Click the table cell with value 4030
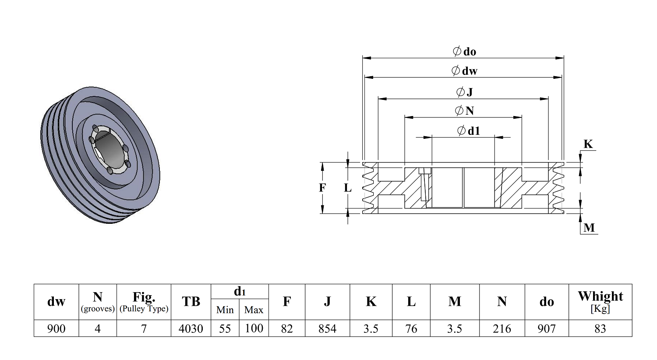(x=191, y=328)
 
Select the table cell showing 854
(x=327, y=328)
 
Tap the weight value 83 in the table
(x=600, y=328)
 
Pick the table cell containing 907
(x=547, y=328)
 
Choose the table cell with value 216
(x=502, y=328)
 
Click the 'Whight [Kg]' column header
(x=600, y=302)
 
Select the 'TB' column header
(x=191, y=302)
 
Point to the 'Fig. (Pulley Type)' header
(x=144, y=302)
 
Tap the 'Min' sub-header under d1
(x=225, y=310)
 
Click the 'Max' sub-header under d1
(x=254, y=310)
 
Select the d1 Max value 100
(x=254, y=328)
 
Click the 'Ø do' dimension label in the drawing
(x=464, y=52)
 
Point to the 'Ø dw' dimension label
(x=464, y=71)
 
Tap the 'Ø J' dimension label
(x=465, y=92)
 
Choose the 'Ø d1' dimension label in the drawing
(x=468, y=131)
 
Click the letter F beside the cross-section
(x=322, y=187)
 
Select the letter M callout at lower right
(x=589, y=228)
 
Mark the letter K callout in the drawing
(x=588, y=144)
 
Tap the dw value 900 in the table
(x=57, y=328)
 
